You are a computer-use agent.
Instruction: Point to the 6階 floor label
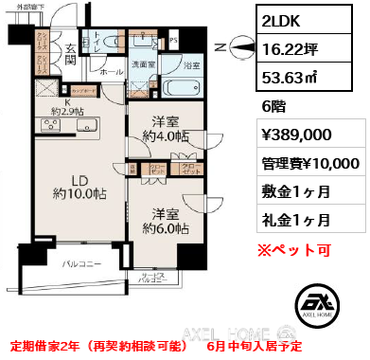[x=273, y=107]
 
